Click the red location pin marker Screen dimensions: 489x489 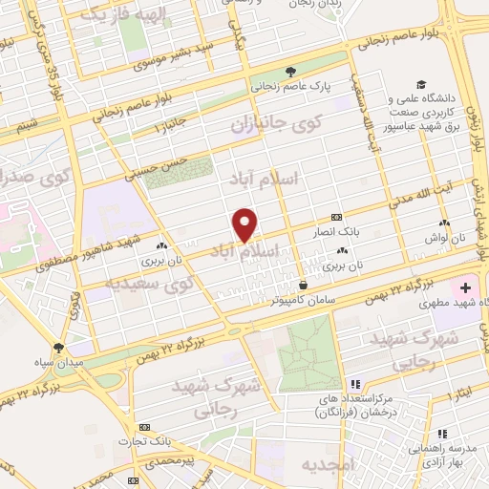(245, 224)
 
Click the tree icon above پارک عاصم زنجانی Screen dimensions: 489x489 (290, 71)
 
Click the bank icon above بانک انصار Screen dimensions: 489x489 (335, 217)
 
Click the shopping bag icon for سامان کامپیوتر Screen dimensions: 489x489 (303, 284)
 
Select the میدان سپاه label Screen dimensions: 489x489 (59, 364)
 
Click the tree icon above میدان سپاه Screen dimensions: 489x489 (59, 349)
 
